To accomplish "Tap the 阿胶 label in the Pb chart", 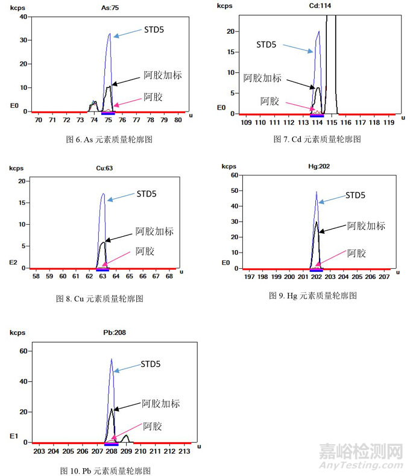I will coord(153,426).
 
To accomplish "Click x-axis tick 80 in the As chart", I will coord(178,121).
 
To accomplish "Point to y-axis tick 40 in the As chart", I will coord(23,16).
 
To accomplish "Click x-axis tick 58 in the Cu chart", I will coord(36,277).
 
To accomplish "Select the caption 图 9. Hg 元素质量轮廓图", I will coord(313,295).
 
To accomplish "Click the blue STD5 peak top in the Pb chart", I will coord(112,360).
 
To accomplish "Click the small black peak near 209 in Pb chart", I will coord(126,436).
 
